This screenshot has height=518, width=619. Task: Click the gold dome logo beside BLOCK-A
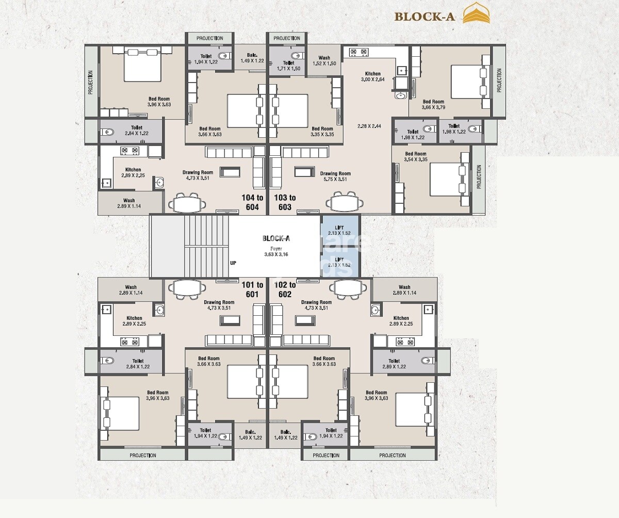point(476,14)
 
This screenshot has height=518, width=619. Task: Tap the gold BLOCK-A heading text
point(425,17)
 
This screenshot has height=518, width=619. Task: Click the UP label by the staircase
point(233,263)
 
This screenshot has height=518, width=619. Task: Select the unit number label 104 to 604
point(252,202)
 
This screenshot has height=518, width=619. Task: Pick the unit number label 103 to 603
point(285,202)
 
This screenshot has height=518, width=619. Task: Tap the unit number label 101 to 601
point(252,289)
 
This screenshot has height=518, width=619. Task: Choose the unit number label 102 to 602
point(285,289)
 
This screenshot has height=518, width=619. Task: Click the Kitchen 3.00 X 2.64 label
point(372,77)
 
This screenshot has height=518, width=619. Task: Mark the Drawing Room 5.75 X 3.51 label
point(335,176)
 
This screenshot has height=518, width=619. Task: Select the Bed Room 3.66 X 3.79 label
point(433,105)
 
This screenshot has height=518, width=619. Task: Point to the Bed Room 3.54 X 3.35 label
point(416,157)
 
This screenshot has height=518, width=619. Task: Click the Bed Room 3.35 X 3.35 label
point(322,132)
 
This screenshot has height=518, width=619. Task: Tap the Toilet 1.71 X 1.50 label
point(288,66)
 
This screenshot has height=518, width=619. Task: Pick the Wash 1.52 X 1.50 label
point(324,61)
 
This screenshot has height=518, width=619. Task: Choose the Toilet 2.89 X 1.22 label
point(394,364)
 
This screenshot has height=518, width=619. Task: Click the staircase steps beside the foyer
point(206,247)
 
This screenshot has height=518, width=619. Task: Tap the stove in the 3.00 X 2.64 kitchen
point(359,52)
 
